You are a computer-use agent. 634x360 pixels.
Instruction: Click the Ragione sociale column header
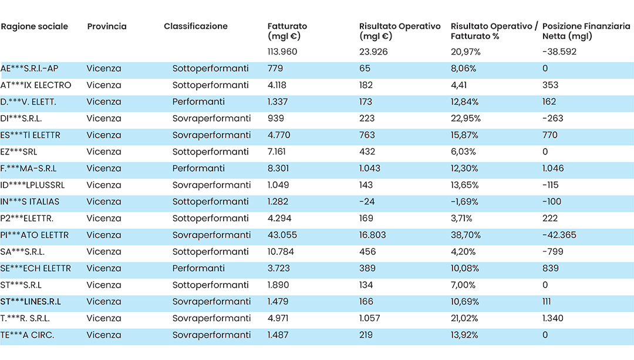[35, 26]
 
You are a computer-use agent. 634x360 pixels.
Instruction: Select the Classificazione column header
[195, 26]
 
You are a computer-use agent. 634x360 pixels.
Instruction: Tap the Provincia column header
[107, 26]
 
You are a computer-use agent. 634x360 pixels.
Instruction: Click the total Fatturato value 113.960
[282, 52]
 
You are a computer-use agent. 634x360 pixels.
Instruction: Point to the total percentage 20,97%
[466, 52]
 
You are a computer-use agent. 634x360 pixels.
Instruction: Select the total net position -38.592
[559, 52]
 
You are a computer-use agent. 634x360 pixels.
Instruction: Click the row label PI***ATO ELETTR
[35, 235]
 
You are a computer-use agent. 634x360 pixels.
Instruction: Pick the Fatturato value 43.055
[282, 235]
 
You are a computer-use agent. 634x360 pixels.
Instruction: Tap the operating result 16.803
[372, 235]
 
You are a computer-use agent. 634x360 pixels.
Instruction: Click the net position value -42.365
[559, 235]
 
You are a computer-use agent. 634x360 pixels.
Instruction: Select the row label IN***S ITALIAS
[30, 202]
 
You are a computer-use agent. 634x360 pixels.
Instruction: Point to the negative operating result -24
[367, 202]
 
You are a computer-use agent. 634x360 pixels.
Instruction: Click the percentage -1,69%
[464, 202]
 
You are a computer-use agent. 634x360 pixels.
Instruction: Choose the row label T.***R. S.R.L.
[25, 318]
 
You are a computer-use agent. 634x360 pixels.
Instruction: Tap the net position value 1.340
[553, 318]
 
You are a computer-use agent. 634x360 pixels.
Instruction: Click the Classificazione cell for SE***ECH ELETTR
[198, 268]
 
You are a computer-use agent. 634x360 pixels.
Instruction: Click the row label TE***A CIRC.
[27, 335]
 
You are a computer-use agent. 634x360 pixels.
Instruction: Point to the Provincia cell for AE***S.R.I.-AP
[104, 68]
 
